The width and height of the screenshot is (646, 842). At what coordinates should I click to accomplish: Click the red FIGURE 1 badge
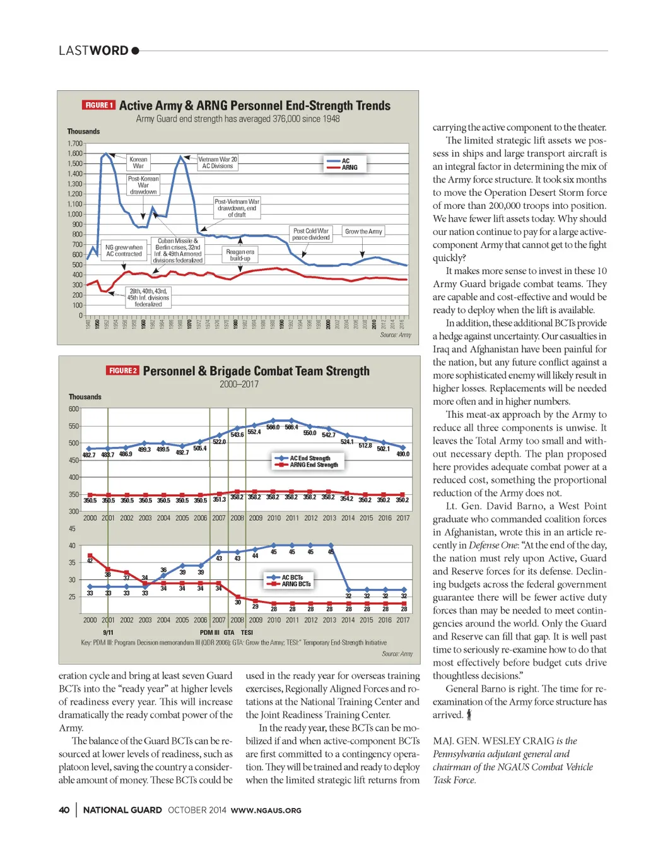pyautogui.click(x=98, y=105)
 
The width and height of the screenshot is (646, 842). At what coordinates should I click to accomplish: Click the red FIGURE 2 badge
pyautogui.click(x=122, y=371)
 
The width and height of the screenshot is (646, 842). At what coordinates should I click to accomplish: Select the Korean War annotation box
pyautogui.click(x=138, y=163)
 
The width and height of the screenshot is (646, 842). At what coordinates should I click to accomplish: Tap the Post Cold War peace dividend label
pyautogui.click(x=311, y=234)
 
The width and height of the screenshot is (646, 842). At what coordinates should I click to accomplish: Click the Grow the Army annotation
pyautogui.click(x=363, y=232)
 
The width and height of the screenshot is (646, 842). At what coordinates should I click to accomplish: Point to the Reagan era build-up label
pyautogui.click(x=240, y=255)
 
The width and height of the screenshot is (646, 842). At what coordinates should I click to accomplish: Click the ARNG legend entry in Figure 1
pyautogui.click(x=349, y=168)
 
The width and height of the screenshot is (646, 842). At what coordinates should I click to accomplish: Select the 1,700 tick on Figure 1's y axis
pyautogui.click(x=75, y=144)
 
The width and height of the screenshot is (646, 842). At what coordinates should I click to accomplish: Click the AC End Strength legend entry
pyautogui.click(x=310, y=458)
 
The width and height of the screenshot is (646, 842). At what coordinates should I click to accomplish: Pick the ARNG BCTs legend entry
pyautogui.click(x=296, y=584)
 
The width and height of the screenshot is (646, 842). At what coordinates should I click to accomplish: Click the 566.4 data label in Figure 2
pyautogui.click(x=291, y=427)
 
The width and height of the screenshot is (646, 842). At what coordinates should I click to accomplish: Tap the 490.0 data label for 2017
pyautogui.click(x=402, y=454)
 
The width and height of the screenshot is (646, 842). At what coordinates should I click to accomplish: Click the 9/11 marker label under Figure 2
pyautogui.click(x=108, y=632)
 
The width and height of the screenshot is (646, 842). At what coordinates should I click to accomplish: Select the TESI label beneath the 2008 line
pyautogui.click(x=247, y=632)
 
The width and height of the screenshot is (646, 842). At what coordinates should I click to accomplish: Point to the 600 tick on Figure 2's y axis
pyautogui.click(x=74, y=409)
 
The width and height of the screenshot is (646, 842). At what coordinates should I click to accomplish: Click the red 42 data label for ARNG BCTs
pyautogui.click(x=90, y=561)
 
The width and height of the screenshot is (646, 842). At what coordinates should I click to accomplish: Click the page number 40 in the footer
pyautogui.click(x=64, y=810)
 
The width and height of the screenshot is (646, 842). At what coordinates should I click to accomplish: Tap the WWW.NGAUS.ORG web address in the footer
pyautogui.click(x=266, y=810)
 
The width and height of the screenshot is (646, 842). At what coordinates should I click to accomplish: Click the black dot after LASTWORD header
pyautogui.click(x=135, y=51)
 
